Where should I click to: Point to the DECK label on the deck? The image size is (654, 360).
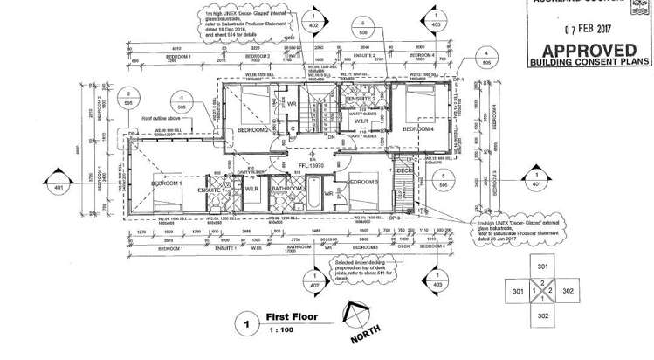pyautogui.click(x=404, y=171)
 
